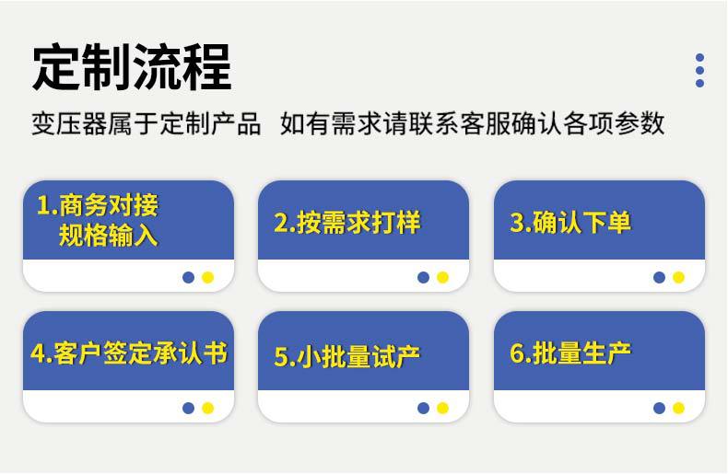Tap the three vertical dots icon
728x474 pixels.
click(699, 70)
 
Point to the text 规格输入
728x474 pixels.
click(108, 236)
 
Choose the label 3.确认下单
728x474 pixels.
click(570, 223)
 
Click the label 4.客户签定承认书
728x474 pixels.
click(128, 353)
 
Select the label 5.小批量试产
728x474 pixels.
click(346, 357)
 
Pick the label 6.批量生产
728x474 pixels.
click(570, 353)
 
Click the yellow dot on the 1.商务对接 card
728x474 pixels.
click(207, 277)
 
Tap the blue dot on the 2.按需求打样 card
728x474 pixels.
click(423, 277)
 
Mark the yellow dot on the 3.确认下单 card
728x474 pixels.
click(678, 277)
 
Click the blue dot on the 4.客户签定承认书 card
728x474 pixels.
click(188, 408)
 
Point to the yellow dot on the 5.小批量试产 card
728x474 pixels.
click(442, 408)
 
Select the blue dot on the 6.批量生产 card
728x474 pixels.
click(659, 408)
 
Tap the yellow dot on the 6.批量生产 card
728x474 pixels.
click(678, 408)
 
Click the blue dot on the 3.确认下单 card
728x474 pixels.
click(659, 277)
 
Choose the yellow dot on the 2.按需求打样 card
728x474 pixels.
click(442, 277)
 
